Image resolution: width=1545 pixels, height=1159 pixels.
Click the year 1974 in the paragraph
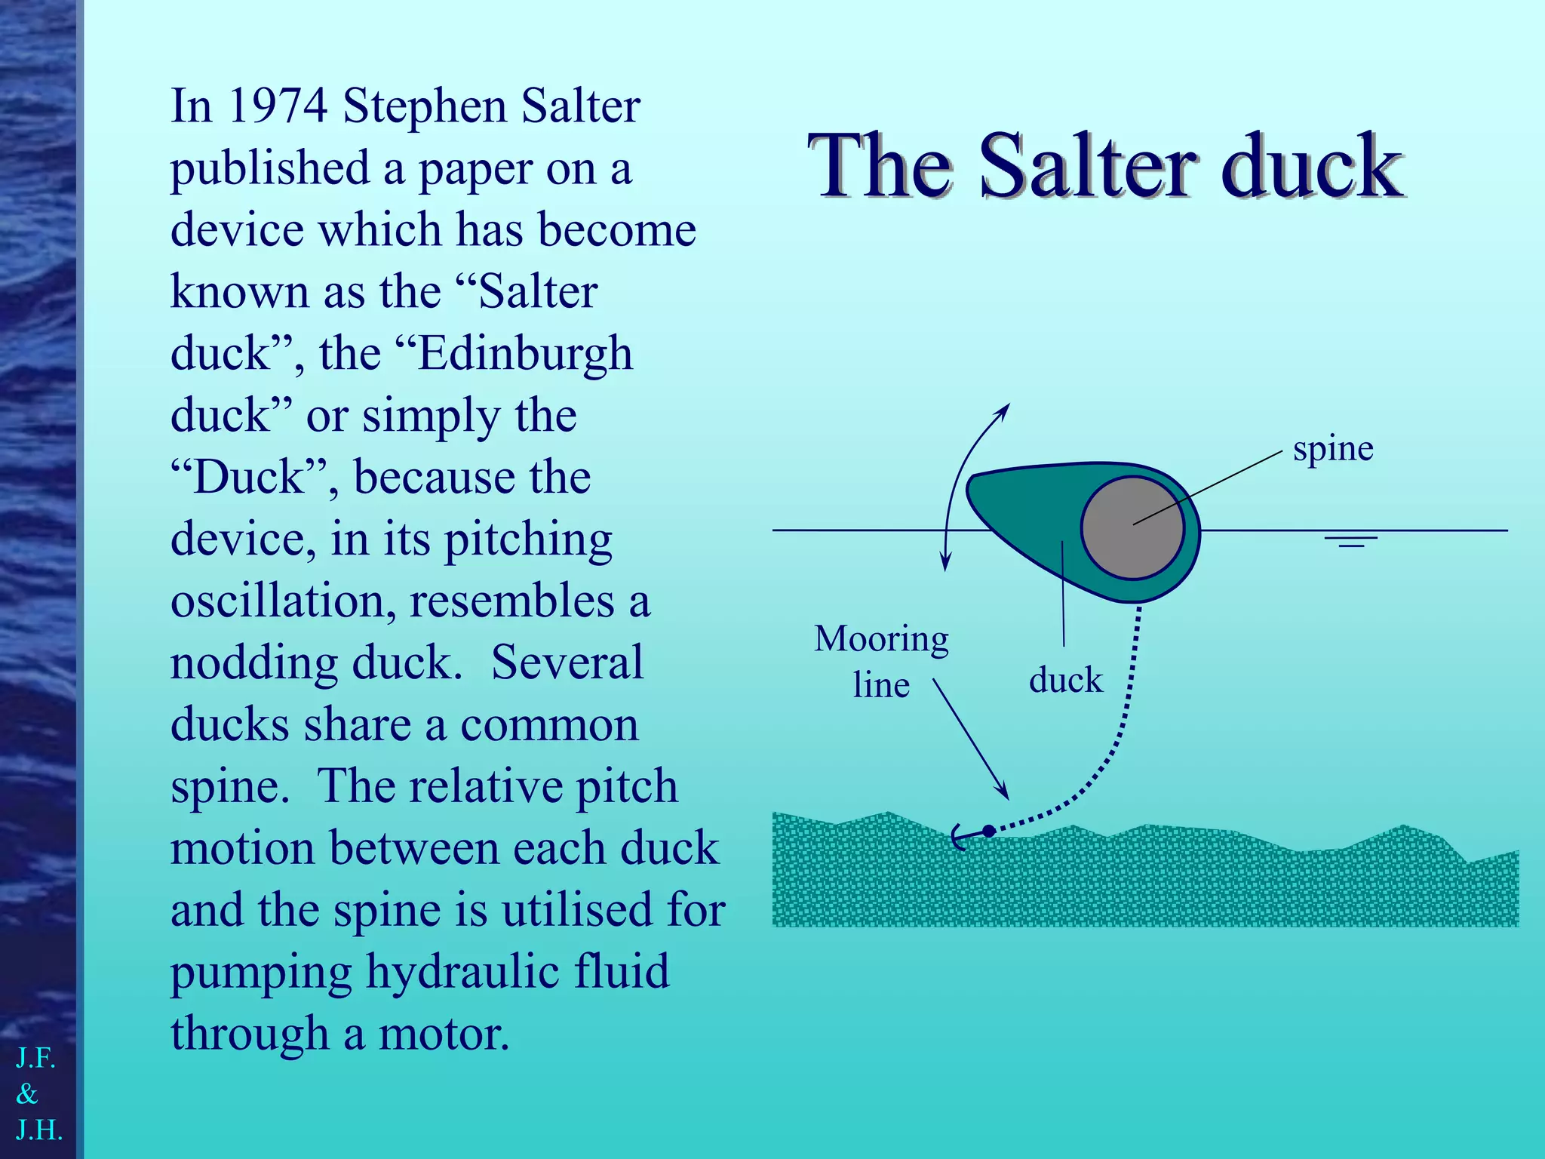277,106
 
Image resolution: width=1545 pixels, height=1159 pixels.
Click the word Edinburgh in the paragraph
525,353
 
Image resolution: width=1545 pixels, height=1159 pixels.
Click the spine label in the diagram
1333,449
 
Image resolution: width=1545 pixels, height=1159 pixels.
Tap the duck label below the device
1065,680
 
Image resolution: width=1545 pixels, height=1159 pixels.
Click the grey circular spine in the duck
1132,527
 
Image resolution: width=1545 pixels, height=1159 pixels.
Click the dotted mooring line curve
1120,739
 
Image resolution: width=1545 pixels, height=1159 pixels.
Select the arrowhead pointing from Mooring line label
1003,792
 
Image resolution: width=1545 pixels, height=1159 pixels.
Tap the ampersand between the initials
27,1094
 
